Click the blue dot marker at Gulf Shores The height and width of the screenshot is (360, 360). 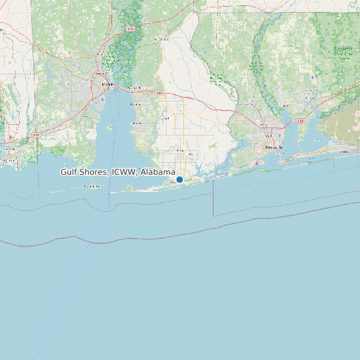[179, 179]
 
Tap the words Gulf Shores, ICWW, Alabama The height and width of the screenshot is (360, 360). [118, 171]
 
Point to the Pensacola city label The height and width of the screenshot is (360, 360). [273, 147]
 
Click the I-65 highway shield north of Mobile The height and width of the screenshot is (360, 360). [131, 30]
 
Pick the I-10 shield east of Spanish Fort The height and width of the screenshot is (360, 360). [159, 94]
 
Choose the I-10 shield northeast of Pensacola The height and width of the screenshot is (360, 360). [300, 121]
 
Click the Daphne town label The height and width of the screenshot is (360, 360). [136, 104]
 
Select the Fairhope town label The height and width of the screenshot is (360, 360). [138, 123]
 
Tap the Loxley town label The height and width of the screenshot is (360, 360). [165, 118]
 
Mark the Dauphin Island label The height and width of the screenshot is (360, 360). [94, 187]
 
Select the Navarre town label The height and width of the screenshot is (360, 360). [344, 151]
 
